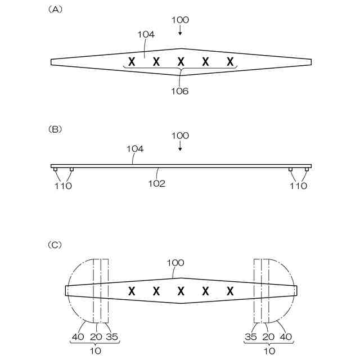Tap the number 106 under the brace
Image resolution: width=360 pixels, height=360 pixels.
(180, 91)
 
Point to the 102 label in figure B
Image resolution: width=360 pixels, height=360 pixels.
(156, 183)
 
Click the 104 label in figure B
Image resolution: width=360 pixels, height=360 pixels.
(135, 149)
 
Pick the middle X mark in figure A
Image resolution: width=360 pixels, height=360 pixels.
(181, 61)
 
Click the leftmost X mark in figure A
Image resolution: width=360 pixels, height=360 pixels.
(131, 61)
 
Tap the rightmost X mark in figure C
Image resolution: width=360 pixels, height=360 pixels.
(230, 291)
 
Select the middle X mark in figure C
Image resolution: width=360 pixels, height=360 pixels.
(181, 291)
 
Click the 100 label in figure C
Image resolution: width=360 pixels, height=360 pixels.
(175, 263)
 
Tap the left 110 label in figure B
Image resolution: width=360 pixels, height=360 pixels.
(64, 186)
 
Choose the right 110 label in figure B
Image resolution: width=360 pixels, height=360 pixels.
(299, 186)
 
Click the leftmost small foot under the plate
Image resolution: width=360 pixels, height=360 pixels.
(55, 169)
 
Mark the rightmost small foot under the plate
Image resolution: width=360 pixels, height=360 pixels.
(307, 169)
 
